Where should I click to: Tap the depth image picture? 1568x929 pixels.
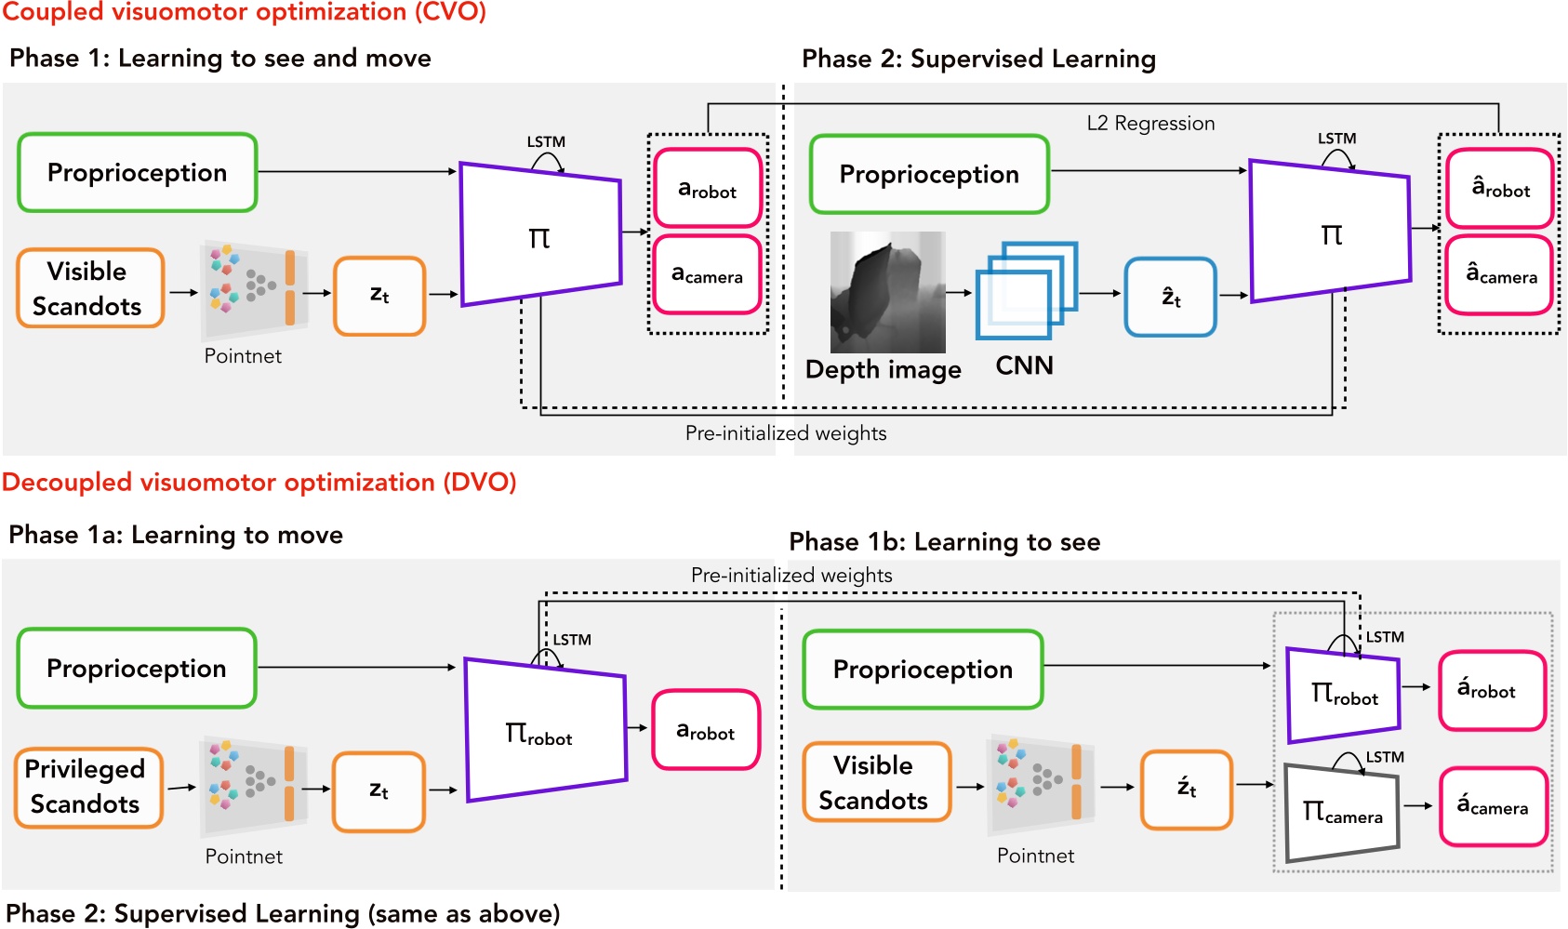point(887,292)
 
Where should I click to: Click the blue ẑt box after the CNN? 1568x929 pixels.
point(1170,298)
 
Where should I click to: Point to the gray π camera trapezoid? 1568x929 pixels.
point(1341,812)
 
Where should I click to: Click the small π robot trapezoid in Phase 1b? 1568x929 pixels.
point(1343,695)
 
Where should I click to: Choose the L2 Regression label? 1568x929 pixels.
point(1150,124)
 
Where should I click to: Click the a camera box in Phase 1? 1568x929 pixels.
point(707,274)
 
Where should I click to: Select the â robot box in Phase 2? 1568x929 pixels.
point(1499,189)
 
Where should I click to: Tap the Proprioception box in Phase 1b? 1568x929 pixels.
point(923,670)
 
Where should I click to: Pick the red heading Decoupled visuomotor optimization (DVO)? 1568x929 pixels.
point(259,482)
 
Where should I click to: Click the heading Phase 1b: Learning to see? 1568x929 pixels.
point(944,541)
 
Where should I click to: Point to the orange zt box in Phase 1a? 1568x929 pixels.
point(379,790)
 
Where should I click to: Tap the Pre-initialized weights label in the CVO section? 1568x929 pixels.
point(786,433)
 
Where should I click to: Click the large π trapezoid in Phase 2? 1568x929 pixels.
point(1330,232)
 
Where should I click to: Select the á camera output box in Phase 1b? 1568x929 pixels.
point(1493,806)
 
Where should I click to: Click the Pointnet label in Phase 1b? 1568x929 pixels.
point(1035,856)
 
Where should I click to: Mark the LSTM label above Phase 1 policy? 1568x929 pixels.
point(546,142)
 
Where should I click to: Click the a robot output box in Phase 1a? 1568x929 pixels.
point(706,730)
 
